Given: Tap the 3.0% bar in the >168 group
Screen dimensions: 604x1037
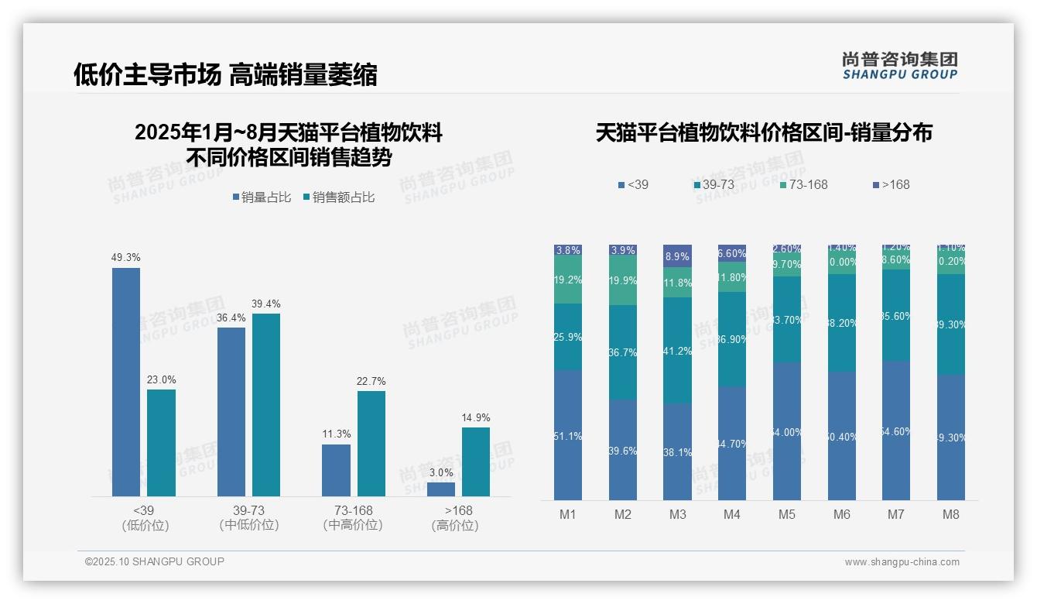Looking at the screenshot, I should point(441,489).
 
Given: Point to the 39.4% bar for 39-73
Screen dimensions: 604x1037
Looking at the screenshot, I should point(266,404).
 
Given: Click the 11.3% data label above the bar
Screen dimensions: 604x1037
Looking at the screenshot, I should point(337,434).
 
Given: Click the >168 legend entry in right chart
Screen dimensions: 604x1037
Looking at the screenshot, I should point(891,184).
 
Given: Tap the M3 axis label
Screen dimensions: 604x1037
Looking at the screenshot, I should point(678,514).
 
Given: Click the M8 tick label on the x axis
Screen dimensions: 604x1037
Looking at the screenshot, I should point(951,514).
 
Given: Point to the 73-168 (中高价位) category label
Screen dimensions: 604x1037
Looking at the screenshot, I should point(353,518).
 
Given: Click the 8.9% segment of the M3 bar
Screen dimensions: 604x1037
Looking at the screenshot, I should point(678,256).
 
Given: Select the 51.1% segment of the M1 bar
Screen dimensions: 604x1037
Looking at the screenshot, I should point(568,435).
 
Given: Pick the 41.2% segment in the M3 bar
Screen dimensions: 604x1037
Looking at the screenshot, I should point(678,351).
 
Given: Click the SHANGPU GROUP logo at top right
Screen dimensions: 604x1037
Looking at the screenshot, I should point(899,66).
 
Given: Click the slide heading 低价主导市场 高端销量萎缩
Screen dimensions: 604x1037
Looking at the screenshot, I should point(225,74).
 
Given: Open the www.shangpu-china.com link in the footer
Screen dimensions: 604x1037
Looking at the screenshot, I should point(902,562).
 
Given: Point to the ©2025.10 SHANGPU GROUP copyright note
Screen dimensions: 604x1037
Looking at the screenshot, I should point(155,561).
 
